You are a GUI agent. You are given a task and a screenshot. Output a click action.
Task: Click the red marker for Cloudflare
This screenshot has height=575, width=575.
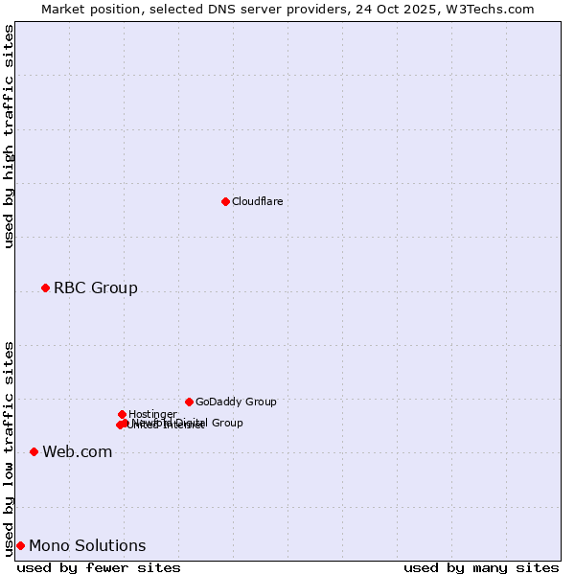(225, 201)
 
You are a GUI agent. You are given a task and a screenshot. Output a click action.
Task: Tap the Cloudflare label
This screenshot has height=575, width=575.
(257, 201)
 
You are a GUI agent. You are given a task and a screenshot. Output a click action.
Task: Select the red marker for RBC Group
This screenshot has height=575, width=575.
(45, 287)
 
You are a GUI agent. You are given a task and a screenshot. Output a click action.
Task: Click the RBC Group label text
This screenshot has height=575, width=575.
(95, 287)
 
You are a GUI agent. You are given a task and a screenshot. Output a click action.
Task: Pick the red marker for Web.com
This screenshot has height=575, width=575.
(34, 451)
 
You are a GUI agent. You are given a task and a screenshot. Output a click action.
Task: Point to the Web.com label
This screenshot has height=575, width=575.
(77, 452)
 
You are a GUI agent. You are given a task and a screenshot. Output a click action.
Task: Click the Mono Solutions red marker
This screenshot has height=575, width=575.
(20, 545)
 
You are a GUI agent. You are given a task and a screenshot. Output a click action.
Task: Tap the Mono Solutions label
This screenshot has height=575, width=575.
(87, 546)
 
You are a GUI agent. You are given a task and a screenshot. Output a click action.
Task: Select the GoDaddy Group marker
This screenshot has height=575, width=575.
(189, 402)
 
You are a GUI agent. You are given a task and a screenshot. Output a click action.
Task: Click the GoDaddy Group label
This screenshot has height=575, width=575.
(236, 402)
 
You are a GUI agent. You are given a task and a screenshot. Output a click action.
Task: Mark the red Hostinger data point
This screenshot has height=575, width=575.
(122, 414)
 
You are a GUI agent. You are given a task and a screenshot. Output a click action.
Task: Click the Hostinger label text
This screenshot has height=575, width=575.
(152, 414)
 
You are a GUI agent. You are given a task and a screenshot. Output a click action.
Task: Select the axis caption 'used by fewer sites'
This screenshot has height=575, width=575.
(99, 567)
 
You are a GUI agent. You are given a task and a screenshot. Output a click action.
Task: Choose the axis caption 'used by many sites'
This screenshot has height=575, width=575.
(481, 567)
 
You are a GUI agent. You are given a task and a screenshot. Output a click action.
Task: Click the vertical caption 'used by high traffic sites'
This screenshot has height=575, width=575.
(9, 136)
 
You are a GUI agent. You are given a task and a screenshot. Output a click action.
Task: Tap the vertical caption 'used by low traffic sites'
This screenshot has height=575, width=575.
(9, 448)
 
